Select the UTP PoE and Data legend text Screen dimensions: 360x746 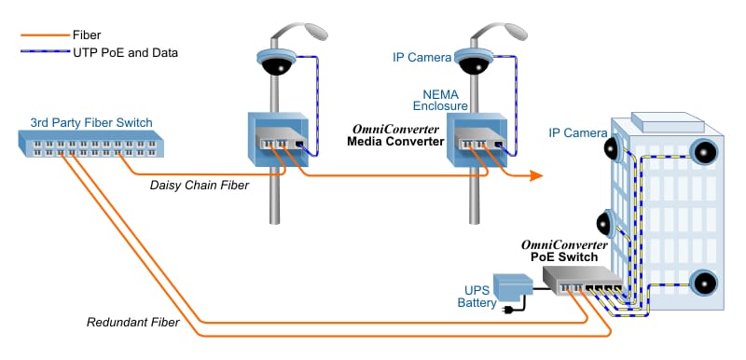[125, 53]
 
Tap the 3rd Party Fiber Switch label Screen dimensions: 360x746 [90, 122]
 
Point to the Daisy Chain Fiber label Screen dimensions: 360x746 [200, 186]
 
